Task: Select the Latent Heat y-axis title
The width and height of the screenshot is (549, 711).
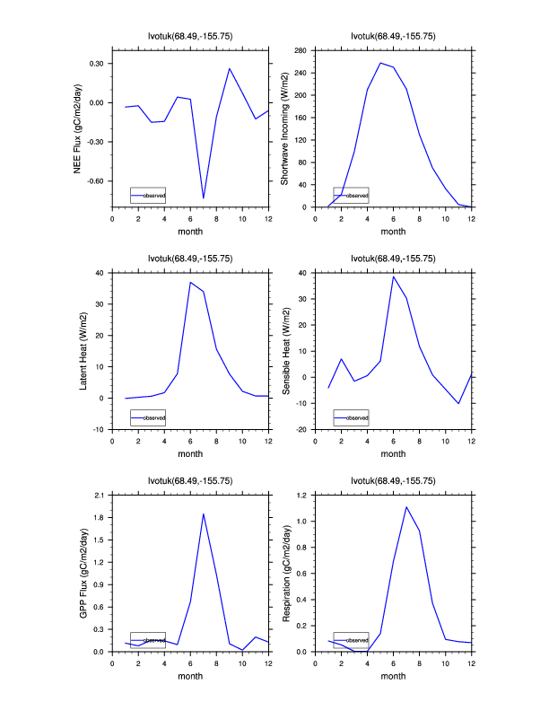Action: pos(83,351)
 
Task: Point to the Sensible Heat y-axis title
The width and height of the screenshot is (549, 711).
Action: pos(284,351)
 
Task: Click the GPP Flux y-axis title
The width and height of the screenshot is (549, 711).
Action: pos(83,573)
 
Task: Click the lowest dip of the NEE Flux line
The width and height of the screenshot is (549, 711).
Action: pos(204,197)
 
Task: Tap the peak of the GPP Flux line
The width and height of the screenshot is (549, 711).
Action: pos(204,513)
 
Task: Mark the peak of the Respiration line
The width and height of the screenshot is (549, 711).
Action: pos(406,507)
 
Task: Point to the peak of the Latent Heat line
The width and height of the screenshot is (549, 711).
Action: pos(190,282)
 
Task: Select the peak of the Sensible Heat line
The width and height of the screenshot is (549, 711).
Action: pos(393,276)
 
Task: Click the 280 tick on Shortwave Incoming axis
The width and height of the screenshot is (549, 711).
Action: pos(303,51)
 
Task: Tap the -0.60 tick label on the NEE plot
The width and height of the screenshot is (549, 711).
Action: pos(94,180)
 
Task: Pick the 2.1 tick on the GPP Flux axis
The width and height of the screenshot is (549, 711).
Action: pos(100,496)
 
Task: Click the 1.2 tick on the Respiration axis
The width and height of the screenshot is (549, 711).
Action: pos(303,496)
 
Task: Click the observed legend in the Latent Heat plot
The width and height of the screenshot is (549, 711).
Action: pos(148,417)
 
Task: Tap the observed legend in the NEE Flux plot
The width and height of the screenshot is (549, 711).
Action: pos(148,195)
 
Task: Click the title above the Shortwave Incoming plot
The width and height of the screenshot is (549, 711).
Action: pos(393,36)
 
